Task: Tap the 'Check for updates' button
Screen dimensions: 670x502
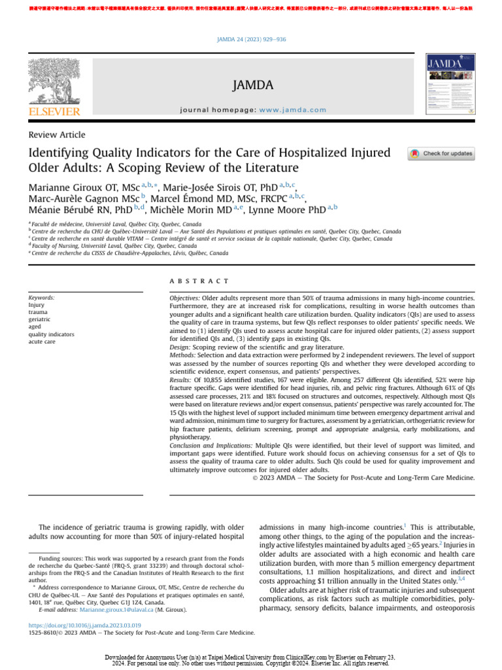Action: click(x=441, y=154)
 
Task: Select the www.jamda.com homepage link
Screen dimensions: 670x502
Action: click(x=292, y=110)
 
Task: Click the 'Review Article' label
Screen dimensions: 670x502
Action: click(x=57, y=135)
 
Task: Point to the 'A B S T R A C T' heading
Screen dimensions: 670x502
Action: click(x=199, y=281)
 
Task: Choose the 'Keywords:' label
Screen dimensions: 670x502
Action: click(x=41, y=298)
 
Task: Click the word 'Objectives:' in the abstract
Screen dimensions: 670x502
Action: click(x=184, y=298)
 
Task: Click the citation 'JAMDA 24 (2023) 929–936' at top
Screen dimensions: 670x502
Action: click(x=252, y=40)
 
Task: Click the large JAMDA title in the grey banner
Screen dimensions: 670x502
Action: click(x=252, y=86)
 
